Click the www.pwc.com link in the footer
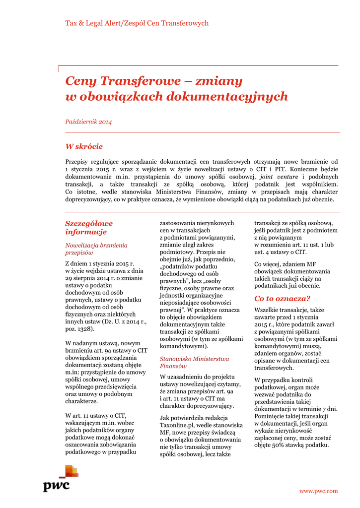(318, 491)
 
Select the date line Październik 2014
(88, 122)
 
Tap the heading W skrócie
(84, 146)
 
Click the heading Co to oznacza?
(282, 298)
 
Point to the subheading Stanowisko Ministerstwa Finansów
(194, 362)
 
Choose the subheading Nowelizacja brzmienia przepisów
(96, 249)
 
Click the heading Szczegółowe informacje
(89, 228)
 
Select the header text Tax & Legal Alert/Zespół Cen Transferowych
(137, 23)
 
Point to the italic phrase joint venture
(279, 177)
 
